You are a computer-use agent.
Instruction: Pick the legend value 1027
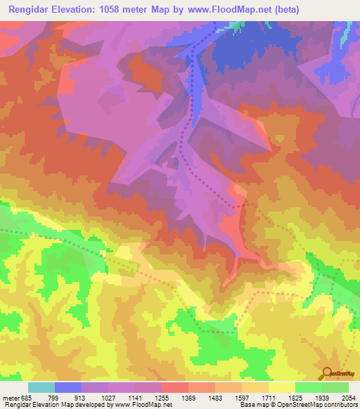click(x=109, y=398)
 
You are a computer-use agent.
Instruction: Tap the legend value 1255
click(x=162, y=398)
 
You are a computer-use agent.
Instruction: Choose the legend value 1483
click(x=215, y=398)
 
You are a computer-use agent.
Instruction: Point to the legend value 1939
click(x=321, y=398)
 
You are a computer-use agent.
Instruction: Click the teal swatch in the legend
click(x=41, y=387)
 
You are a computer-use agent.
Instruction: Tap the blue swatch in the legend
click(x=68, y=387)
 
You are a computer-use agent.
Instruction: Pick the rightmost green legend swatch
click(x=335, y=387)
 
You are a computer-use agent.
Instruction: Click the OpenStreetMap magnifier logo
click(x=328, y=375)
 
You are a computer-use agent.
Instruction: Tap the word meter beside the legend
click(x=11, y=398)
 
